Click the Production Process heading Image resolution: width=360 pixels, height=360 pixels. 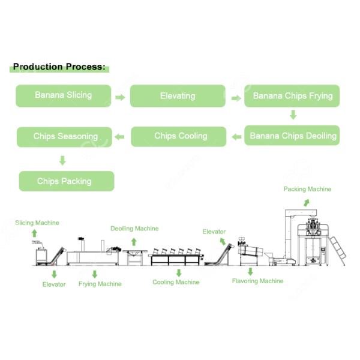tap(59, 67)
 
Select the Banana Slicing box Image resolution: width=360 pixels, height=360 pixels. tap(63, 95)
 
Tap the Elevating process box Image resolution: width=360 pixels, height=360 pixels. tap(178, 96)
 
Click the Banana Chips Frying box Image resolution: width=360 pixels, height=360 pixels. tap(292, 96)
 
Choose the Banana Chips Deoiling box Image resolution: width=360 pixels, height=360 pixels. tap(292, 136)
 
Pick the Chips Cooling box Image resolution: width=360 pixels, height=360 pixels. tap(179, 136)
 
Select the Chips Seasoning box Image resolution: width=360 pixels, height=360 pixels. tap(65, 137)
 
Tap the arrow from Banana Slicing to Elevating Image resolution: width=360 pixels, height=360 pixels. tap(120, 97)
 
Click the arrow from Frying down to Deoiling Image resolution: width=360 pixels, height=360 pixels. tap(293, 115)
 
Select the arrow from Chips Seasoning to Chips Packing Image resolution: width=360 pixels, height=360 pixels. tap(62, 160)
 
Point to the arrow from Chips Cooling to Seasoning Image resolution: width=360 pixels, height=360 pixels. tap(120, 137)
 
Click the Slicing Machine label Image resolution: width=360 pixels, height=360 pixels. tap(37, 223)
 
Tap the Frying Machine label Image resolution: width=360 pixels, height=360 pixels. tap(100, 284)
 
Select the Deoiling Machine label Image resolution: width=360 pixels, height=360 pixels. tap(134, 229)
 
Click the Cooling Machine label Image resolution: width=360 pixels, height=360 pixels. tap(176, 282)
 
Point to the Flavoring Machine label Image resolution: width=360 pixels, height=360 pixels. tap(257, 280)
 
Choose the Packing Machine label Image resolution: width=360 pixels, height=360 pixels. tap(307, 189)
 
